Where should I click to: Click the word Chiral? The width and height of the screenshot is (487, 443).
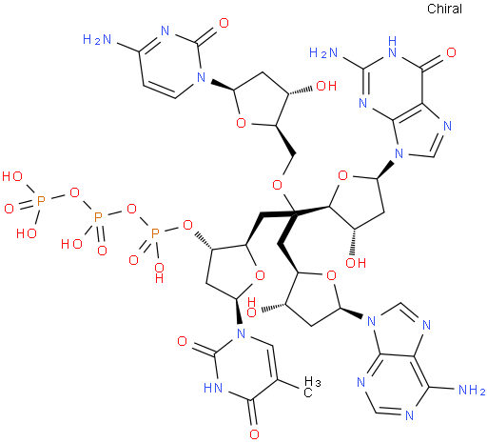[444, 9]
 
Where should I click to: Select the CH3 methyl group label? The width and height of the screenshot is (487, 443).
[312, 387]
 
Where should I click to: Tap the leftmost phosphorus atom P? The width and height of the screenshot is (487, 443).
[41, 201]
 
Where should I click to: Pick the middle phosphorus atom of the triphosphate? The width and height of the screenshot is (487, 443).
[98, 217]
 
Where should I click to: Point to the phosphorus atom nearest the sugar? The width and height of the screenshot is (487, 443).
[155, 233]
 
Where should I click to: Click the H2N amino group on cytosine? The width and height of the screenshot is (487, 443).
[97, 39]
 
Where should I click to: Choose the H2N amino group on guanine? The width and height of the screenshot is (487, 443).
[323, 52]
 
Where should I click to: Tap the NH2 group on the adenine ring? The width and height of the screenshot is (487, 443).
[472, 390]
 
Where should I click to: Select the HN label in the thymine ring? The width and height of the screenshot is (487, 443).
[213, 388]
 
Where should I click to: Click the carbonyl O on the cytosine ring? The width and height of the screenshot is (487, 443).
[224, 23]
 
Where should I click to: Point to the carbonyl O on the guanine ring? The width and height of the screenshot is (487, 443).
[451, 52]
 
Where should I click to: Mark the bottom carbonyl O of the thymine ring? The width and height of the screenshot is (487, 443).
[254, 434]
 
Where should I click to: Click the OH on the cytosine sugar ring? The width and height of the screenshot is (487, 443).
[326, 86]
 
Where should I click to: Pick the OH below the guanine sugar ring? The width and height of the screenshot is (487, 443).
[356, 263]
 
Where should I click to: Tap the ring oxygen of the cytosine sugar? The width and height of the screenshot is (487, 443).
[242, 123]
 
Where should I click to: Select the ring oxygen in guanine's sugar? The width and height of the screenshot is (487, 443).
[343, 175]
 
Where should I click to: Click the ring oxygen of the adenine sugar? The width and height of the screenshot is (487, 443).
[331, 275]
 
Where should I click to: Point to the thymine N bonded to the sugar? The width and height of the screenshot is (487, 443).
[242, 333]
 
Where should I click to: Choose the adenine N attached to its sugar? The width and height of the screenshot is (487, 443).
[371, 321]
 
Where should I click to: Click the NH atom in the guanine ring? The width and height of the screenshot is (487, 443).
[392, 47]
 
